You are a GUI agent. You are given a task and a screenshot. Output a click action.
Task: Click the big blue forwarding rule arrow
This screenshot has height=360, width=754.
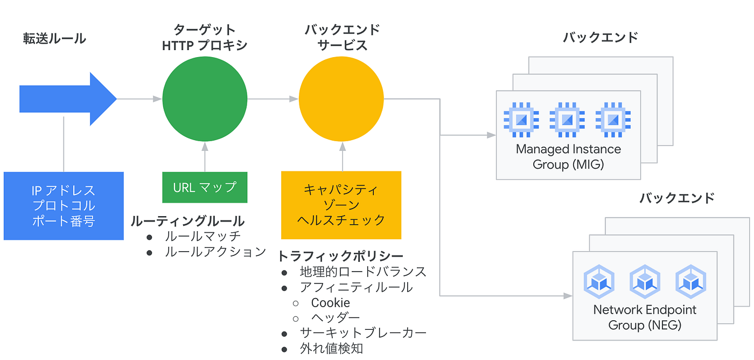[67, 99]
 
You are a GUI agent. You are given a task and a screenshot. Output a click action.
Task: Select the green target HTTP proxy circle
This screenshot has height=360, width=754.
[205, 99]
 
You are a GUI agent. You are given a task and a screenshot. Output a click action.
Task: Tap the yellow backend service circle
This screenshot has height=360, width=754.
[341, 99]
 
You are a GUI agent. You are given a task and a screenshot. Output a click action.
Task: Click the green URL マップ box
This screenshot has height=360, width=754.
[205, 187]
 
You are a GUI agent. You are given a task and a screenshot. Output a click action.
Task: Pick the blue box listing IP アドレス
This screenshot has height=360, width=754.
[64, 205]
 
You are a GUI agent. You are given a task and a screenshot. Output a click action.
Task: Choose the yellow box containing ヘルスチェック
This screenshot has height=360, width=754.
[341, 205]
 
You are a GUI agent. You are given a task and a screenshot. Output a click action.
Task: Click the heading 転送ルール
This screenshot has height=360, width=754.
[54, 38]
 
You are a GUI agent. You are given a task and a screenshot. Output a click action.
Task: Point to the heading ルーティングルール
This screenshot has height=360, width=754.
[187, 221]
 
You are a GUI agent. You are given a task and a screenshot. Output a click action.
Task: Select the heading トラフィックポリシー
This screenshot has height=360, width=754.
[340, 255]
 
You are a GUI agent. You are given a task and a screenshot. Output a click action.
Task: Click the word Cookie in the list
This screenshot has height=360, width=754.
[330, 303]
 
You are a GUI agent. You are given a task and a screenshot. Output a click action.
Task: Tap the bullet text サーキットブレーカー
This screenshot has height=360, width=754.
[363, 333]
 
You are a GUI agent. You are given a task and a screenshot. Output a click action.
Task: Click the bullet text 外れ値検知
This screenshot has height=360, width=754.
[331, 349]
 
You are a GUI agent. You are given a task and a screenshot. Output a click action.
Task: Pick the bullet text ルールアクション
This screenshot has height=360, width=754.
[215, 251]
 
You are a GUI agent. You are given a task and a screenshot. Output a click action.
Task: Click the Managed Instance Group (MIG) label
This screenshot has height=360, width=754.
[568, 156]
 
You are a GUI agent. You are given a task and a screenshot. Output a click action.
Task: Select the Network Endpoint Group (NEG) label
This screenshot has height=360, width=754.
[645, 317]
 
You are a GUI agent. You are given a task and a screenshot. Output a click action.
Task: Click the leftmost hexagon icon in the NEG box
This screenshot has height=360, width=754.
[599, 281]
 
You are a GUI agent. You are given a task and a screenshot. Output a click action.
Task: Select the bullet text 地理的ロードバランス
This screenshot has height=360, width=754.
[363, 272]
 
